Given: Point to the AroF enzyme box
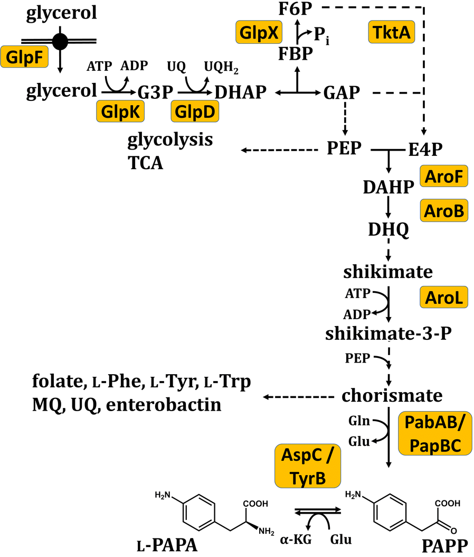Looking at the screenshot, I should click(x=444, y=178).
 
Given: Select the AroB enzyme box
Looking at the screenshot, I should click(x=444, y=211).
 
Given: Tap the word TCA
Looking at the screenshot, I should click(x=145, y=163).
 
